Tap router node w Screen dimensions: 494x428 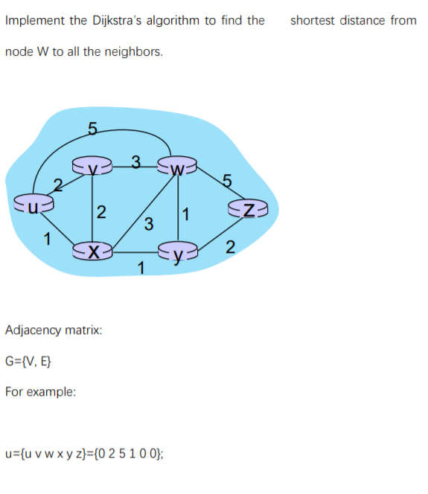click(x=177, y=167)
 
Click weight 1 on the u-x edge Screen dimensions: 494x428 click(x=47, y=240)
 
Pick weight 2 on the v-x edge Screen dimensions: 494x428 click(x=102, y=213)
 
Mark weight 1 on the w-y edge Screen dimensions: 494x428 click(x=187, y=216)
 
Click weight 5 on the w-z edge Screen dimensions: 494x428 click(x=227, y=179)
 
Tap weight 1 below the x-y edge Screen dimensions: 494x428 click(x=141, y=267)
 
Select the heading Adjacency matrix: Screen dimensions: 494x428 click(x=54, y=328)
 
